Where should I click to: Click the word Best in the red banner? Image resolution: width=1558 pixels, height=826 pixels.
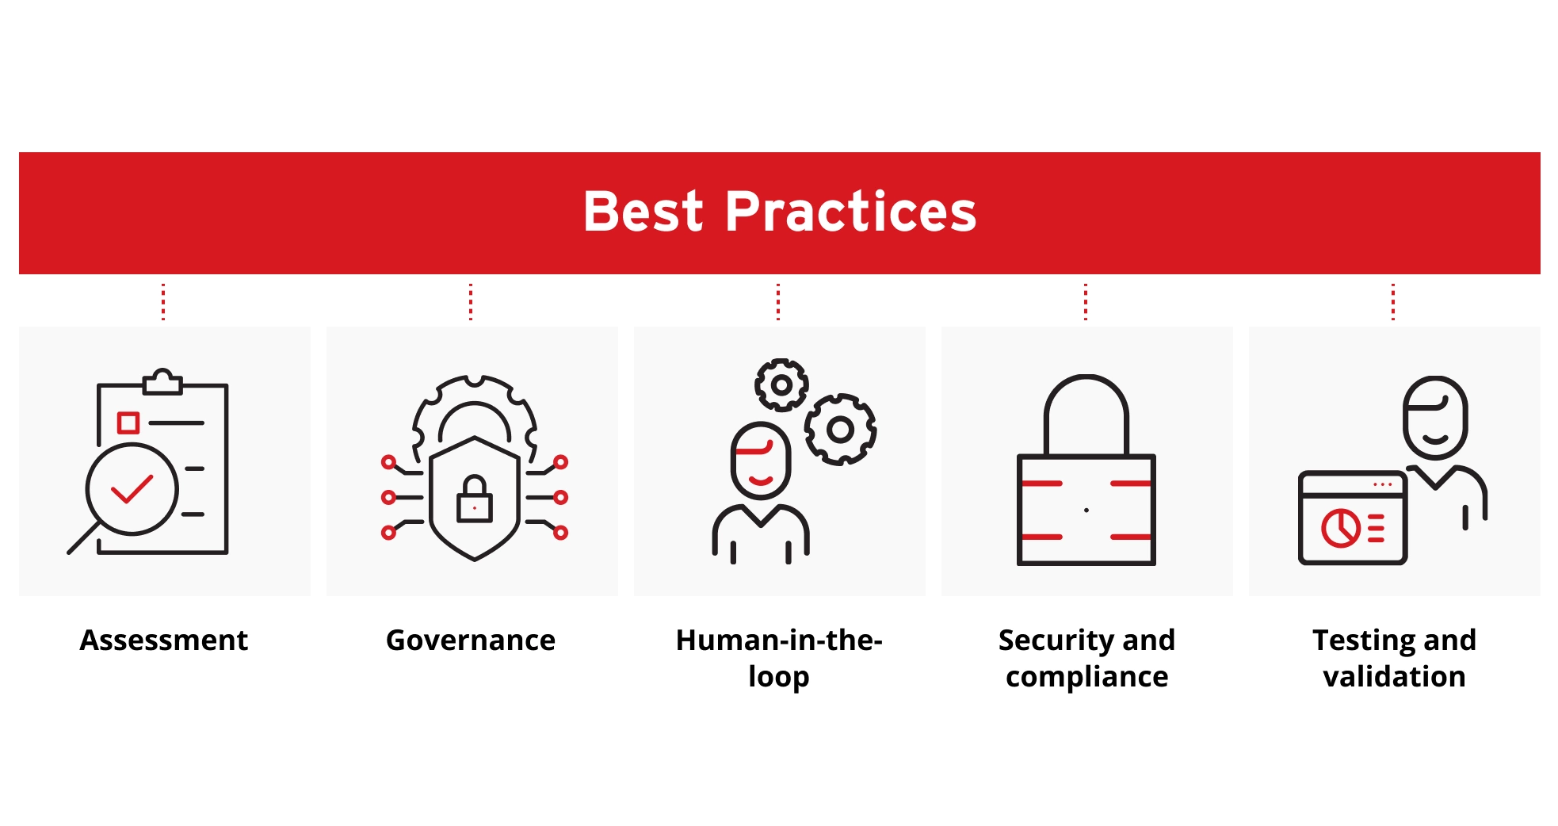tap(643, 212)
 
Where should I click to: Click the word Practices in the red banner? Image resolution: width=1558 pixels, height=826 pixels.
tap(850, 212)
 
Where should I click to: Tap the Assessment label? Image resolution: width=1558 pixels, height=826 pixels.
tap(164, 640)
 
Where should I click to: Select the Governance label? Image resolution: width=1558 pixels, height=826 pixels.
tap(471, 640)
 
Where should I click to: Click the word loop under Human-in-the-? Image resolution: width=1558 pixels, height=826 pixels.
tap(779, 677)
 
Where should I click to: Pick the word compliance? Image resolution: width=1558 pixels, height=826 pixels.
tap(1087, 677)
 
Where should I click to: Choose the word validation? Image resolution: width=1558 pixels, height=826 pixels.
tap(1394, 676)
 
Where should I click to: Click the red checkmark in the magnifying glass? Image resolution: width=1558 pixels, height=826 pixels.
tap(132, 489)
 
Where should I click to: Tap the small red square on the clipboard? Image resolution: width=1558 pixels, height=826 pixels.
tap(128, 423)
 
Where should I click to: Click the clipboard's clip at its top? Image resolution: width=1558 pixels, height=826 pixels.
tap(162, 382)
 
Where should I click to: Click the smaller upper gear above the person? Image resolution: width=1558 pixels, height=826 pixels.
tap(781, 385)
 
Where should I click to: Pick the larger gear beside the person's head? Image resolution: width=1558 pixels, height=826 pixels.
tap(841, 430)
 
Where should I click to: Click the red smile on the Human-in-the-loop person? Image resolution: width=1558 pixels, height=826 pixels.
tap(761, 480)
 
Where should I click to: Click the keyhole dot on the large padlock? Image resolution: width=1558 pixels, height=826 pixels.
tap(1086, 510)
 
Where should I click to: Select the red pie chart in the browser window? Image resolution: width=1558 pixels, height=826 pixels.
tap(1341, 528)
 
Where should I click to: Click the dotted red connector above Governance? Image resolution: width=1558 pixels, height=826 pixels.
tap(471, 301)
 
